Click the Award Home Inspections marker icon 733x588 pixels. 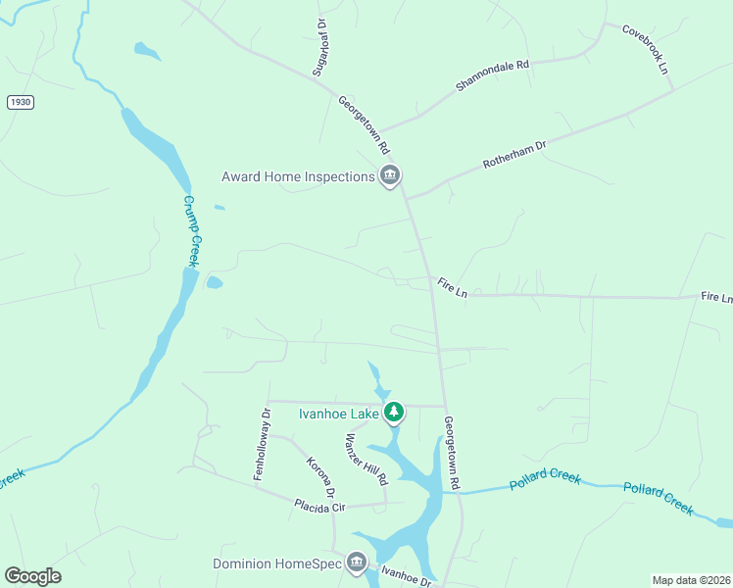coord(390,176)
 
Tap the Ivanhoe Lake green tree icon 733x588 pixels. coord(394,413)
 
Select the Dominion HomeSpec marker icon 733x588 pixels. coord(357,563)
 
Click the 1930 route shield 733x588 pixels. coord(19,102)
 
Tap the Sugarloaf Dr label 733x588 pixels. coord(319,48)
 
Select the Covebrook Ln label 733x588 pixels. coord(645,49)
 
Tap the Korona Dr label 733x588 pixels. coord(321,477)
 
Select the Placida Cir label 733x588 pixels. coord(320,506)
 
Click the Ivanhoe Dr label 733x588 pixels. coord(407,576)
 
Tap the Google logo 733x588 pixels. coord(32,576)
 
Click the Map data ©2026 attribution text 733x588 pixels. coord(691,580)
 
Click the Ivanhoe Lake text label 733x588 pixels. coord(338,414)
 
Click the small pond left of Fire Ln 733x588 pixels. coord(214,283)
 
